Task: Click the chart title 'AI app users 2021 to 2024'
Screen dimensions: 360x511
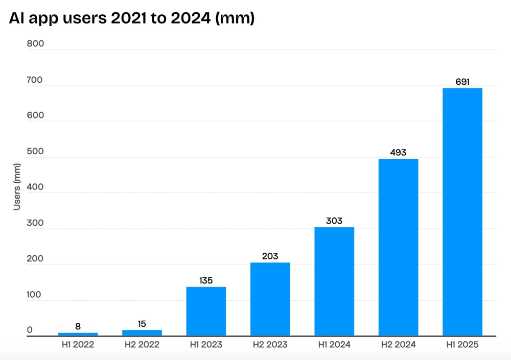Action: coord(132,18)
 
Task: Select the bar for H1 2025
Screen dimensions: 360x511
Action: coord(462,212)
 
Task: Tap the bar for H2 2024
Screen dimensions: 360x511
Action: coord(398,247)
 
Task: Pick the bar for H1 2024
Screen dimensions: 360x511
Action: coord(334,281)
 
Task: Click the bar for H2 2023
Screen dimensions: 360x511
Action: coord(270,299)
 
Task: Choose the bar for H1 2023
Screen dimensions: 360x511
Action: coord(206,311)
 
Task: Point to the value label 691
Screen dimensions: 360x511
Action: coord(462,82)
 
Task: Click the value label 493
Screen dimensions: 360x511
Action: coord(398,153)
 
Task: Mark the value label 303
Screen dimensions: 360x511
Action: coord(334,221)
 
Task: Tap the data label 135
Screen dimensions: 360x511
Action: coord(206,280)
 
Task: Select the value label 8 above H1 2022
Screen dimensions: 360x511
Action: coord(78,326)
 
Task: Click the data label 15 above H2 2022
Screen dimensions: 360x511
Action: coord(142,324)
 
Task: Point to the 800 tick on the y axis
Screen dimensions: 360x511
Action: coord(36,44)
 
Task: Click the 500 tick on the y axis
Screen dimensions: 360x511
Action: coord(36,152)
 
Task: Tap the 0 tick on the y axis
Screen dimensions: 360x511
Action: coord(30,330)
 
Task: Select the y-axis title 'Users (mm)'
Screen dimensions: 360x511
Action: coord(17,187)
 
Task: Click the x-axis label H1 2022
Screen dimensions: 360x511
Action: coord(78,345)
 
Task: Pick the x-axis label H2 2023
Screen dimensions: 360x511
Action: coord(270,345)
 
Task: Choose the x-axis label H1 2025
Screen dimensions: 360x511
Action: coord(462,345)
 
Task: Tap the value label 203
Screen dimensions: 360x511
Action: coord(270,256)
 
